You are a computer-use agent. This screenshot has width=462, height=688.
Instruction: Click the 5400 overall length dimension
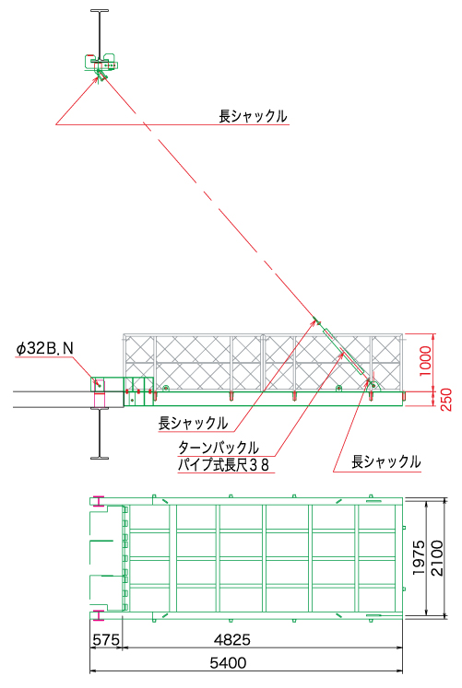(228, 662)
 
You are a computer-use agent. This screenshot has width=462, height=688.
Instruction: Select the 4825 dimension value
(231, 640)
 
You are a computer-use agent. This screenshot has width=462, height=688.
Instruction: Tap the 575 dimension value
(106, 640)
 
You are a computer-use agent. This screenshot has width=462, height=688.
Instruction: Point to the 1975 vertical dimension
(419, 557)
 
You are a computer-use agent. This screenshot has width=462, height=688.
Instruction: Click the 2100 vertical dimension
(437, 557)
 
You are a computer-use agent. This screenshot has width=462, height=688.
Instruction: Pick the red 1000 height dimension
(425, 361)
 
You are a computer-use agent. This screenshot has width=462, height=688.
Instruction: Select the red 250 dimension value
(445, 400)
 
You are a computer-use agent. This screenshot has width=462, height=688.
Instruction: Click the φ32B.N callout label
(44, 348)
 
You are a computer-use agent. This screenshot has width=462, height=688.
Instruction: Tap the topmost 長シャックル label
(253, 116)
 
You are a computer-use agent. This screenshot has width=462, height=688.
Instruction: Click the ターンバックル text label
(219, 448)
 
